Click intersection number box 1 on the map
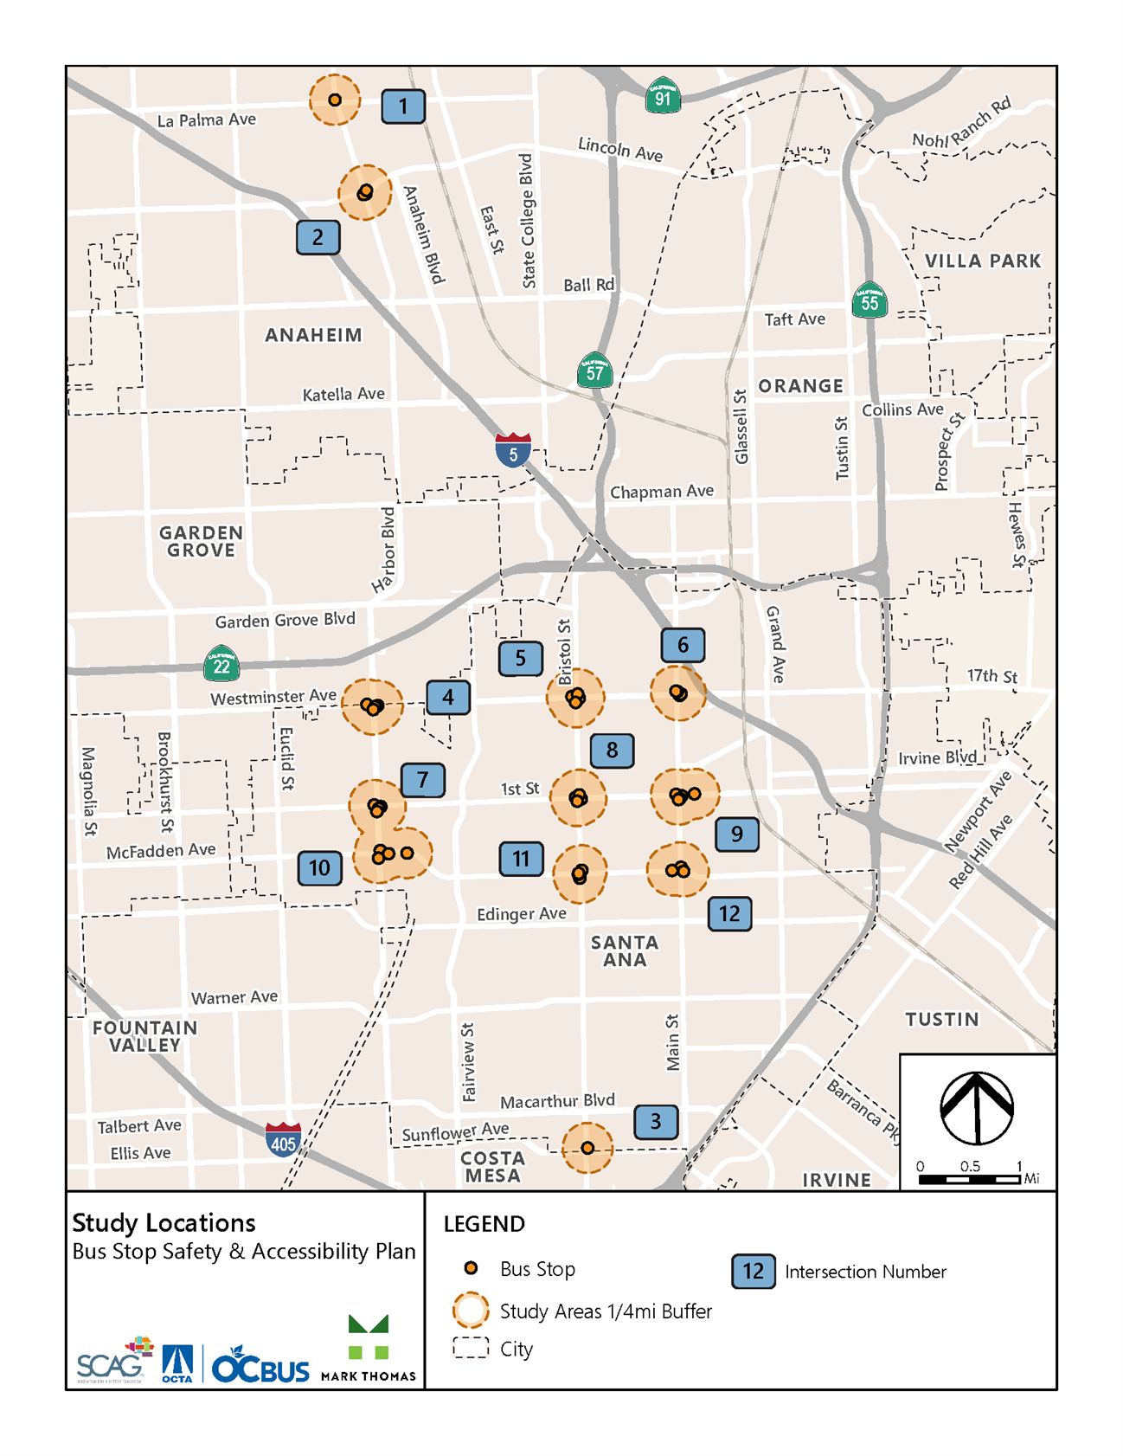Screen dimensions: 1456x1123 403,106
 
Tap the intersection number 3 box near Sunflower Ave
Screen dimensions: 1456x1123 656,1122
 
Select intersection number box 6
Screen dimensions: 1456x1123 683,645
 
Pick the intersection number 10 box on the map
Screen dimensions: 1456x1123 319,867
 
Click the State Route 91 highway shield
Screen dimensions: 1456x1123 663,96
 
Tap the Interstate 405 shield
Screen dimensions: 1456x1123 283,1140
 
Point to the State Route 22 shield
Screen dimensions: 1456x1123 221,664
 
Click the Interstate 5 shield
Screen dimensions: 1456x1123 513,450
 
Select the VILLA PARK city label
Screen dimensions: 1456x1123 982,261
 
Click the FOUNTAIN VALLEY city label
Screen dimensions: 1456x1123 145,1036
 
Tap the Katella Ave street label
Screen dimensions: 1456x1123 343,395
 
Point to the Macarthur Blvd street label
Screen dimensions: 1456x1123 557,1101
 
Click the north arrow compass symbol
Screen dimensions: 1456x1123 977,1108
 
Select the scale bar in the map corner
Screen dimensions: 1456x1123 970,1178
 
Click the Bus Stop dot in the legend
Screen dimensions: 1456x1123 471,1268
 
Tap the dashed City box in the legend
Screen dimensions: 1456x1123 471,1348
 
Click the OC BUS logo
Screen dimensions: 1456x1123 260,1365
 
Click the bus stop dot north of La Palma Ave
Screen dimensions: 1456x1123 335,100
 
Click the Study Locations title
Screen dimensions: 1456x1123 164,1222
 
